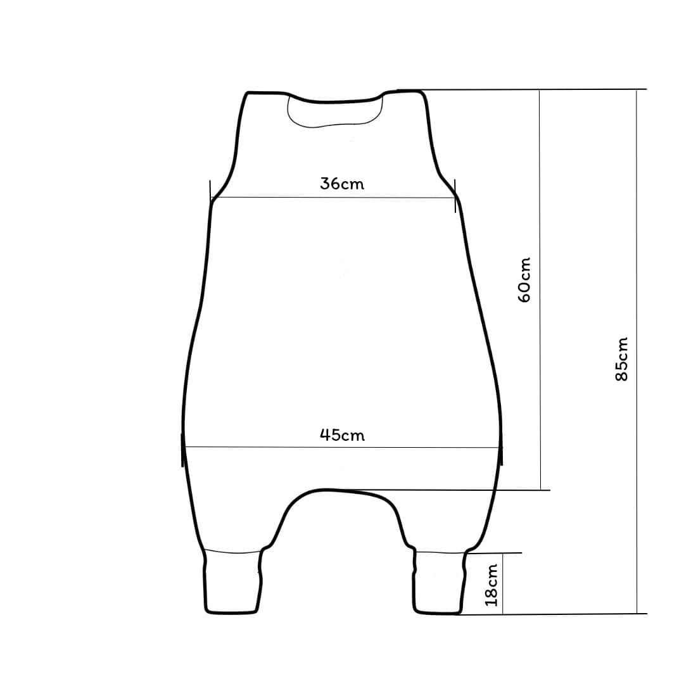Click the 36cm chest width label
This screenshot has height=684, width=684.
[342, 184]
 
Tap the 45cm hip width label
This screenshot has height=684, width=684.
[343, 435]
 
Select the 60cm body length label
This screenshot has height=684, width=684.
[524, 280]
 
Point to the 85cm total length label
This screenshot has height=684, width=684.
[621, 359]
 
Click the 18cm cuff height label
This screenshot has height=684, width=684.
[491, 585]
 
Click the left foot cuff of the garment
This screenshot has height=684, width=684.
[233, 583]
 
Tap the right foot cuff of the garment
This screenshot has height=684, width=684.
[440, 583]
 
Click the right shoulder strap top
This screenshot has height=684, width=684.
[403, 91]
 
